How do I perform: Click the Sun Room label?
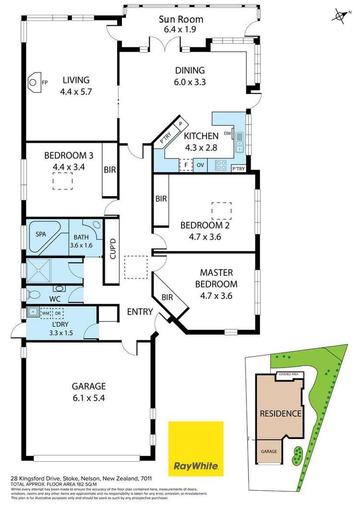(x=181, y=20)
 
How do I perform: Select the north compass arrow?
(x=341, y=16)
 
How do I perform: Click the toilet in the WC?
(x=59, y=289)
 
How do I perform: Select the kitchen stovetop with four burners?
(x=221, y=165)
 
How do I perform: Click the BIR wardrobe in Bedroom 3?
(x=109, y=170)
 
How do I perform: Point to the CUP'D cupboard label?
(x=112, y=249)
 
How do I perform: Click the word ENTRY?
(x=140, y=312)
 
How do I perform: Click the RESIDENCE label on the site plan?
(x=280, y=413)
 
